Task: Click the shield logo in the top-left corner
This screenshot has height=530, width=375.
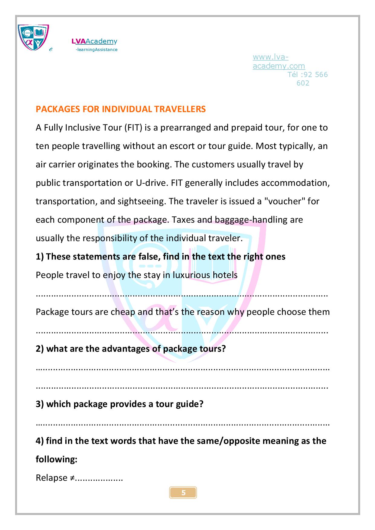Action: pyautogui.click(x=33, y=37)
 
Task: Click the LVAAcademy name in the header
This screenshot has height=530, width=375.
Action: pyautogui.click(x=94, y=41)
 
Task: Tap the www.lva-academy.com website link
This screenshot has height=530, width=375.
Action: pyautogui.click(x=279, y=61)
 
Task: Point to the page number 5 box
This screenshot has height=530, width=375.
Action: pyautogui.click(x=183, y=493)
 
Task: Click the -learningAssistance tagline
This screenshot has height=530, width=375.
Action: pyautogui.click(x=96, y=50)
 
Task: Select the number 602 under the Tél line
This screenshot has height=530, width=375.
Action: pyautogui.click(x=303, y=83)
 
